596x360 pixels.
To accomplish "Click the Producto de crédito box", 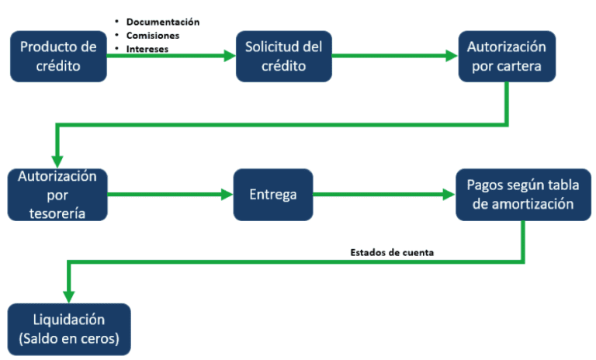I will [58, 56].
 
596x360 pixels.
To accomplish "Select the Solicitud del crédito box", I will [283, 56].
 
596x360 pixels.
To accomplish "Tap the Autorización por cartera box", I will [506, 56].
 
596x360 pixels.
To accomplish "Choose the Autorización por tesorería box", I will [58, 194].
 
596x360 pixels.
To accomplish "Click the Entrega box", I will [273, 194].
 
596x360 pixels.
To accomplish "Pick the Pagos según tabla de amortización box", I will [521, 194].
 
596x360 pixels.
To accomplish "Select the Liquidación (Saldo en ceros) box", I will [69, 329].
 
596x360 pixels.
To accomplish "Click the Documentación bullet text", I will [163, 21].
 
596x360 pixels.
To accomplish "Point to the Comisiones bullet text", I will [153, 35].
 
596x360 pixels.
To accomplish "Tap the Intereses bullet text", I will [147, 48].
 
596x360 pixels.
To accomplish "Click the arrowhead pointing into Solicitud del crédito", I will [230, 56].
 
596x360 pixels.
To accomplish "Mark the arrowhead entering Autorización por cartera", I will [452, 56].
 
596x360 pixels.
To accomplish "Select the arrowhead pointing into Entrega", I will [227, 195].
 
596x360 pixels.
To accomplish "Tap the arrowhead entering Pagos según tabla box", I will [449, 195].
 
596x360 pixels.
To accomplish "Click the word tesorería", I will [58, 210].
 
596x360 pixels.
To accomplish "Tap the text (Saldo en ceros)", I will [69, 339].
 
